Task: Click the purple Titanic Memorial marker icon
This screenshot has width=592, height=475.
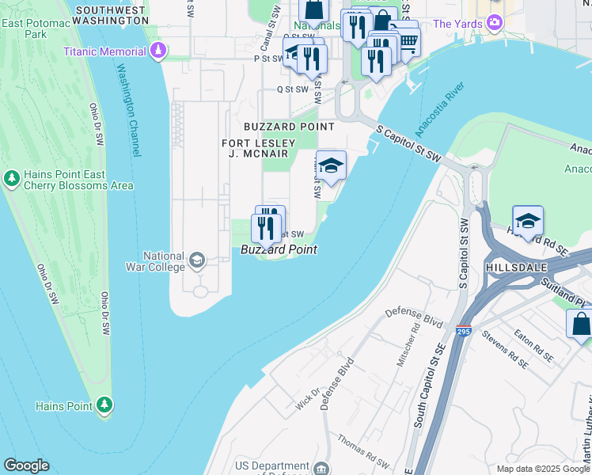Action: click(x=159, y=51)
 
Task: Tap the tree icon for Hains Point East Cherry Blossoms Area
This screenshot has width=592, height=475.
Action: click(x=11, y=179)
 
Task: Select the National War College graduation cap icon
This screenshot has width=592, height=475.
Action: click(x=196, y=260)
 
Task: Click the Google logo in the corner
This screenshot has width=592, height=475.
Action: click(x=26, y=465)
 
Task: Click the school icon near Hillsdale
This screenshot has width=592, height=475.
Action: click(x=528, y=221)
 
